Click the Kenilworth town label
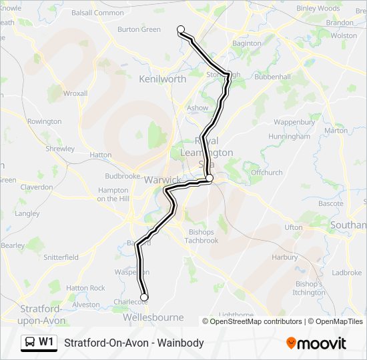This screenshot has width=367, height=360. click(162, 79)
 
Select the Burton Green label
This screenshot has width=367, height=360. click(139, 29)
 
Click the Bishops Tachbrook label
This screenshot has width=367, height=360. click(201, 236)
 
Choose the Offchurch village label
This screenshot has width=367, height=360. click(266, 172)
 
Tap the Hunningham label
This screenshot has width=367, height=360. click(289, 136)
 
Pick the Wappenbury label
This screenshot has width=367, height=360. click(294, 123)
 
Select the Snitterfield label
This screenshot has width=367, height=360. click(61, 257)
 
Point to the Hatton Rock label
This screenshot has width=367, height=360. click(85, 288)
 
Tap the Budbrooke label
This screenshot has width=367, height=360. click(121, 176)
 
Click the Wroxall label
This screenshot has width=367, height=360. click(75, 93)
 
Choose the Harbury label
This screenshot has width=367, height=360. click(285, 257)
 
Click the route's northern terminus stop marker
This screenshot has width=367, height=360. click(181, 29)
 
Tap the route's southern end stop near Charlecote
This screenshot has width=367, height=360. click(143, 297)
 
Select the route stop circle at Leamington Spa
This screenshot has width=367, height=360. click(209, 178)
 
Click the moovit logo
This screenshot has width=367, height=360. click(316, 343)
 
